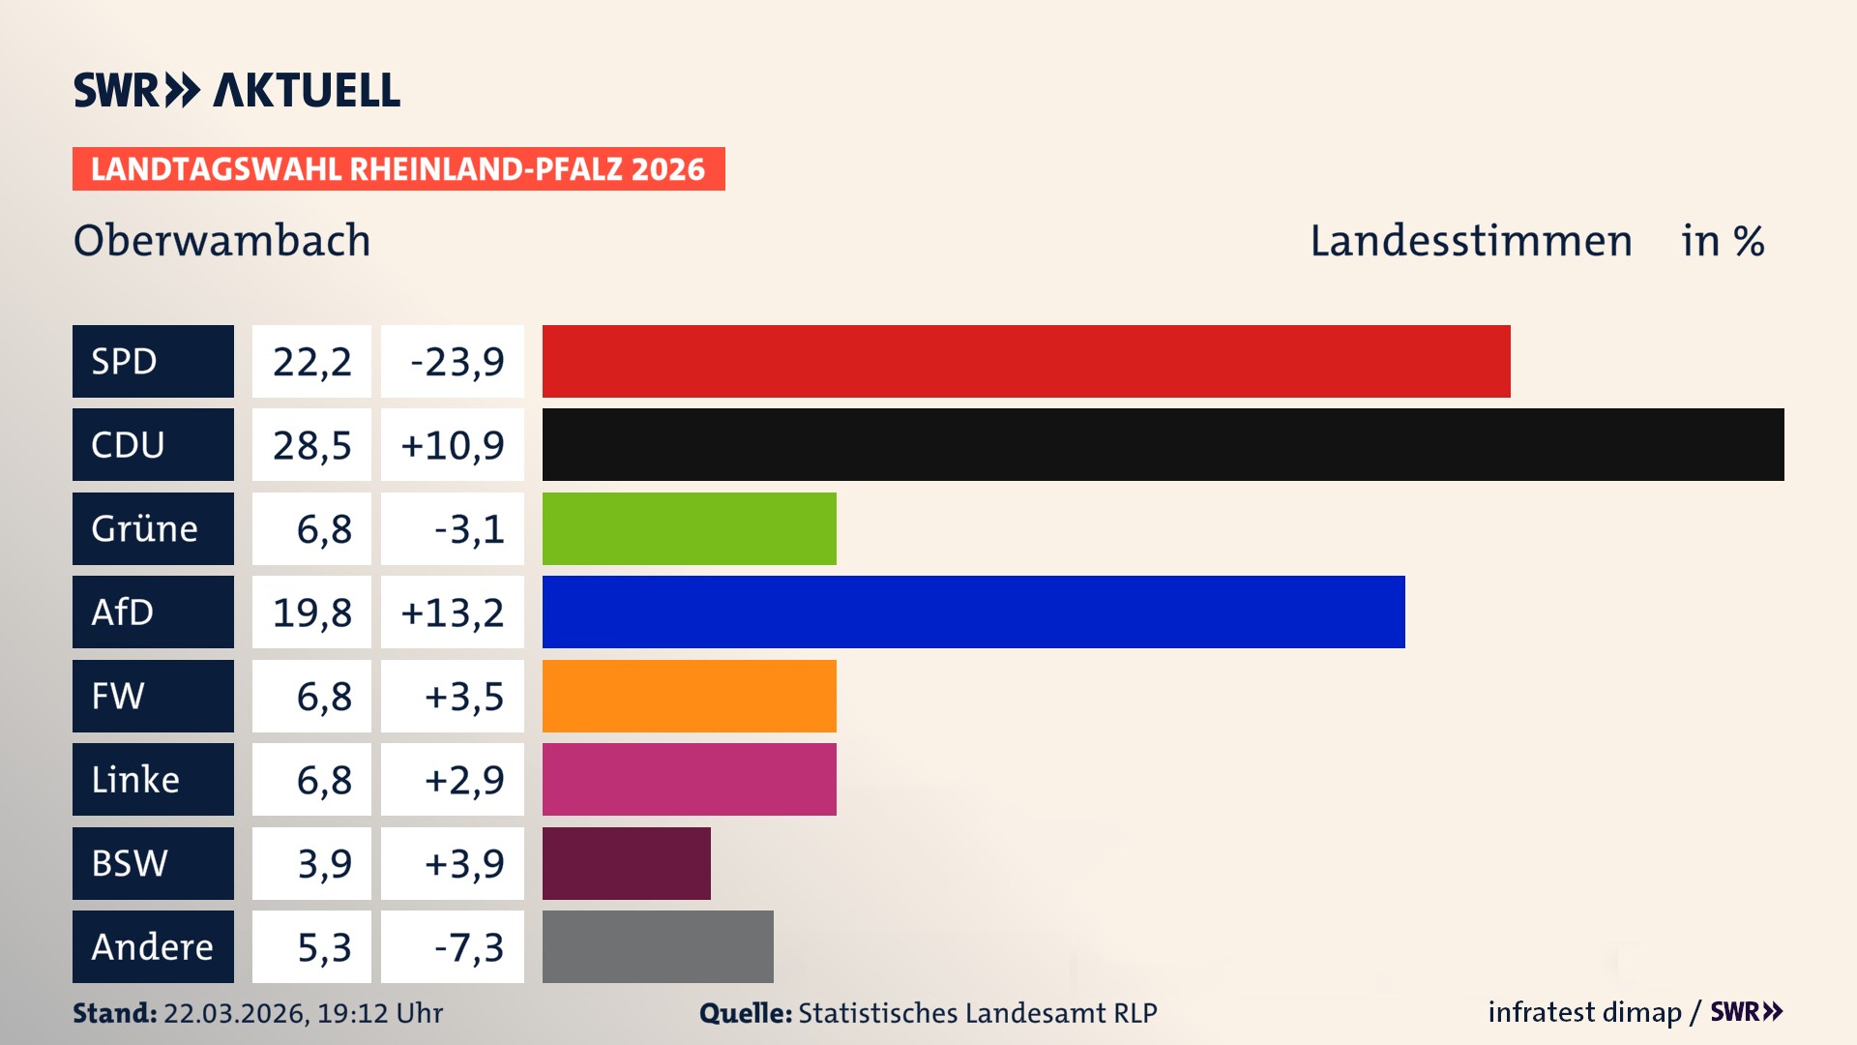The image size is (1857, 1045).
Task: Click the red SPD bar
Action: [x=1025, y=361]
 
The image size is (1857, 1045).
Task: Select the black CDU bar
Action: [x=1163, y=445]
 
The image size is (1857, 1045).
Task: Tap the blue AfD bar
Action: [x=973, y=612]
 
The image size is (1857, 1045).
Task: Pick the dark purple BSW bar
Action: [x=626, y=863]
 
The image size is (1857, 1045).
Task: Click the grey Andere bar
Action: [x=658, y=946]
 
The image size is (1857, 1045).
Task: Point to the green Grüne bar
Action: [x=689, y=528]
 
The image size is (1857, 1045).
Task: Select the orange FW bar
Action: [x=689, y=696]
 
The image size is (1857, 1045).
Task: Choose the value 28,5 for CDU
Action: [x=311, y=445]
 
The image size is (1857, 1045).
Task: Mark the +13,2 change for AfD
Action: [x=453, y=612]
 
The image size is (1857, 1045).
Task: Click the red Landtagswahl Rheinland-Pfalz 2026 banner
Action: [x=398, y=168]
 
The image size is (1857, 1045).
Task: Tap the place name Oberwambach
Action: [x=221, y=240]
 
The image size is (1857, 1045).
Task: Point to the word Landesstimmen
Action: [x=1470, y=240]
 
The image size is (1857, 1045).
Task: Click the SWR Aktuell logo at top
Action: [x=236, y=90]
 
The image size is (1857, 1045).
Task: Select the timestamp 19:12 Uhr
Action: [x=379, y=1013]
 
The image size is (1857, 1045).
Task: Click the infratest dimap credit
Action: [x=1583, y=1012]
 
